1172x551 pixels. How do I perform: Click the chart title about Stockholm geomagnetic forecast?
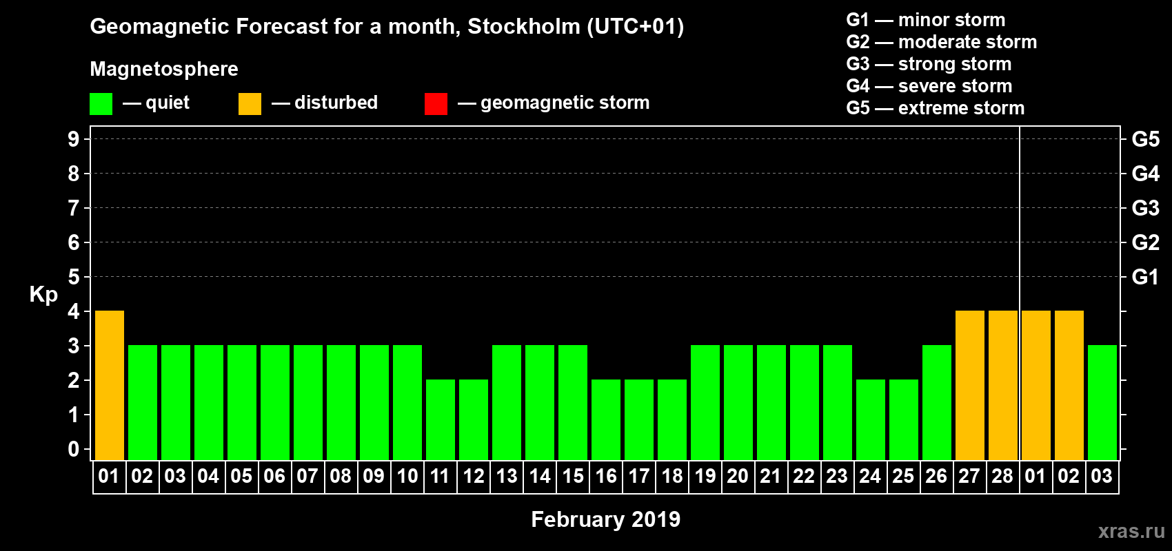point(387,27)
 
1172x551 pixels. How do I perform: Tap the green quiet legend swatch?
point(101,104)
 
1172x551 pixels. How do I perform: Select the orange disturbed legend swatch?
point(250,104)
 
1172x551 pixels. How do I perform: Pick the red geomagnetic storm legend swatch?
point(436,104)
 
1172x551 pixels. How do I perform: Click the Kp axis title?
point(43,294)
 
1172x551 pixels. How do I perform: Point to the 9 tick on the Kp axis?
point(74,139)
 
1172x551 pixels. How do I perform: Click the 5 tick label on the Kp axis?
point(74,277)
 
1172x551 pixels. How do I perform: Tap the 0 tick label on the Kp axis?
point(74,449)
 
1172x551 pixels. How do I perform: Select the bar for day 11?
point(441,419)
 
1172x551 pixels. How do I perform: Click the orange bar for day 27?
point(970,385)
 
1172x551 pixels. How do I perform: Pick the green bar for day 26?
point(937,402)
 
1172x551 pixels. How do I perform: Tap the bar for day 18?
point(672,419)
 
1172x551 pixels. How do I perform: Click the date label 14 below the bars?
point(540,476)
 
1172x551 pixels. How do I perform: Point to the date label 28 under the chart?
point(1002,476)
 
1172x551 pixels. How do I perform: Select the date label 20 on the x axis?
point(738,476)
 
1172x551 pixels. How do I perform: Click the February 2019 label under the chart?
point(605,519)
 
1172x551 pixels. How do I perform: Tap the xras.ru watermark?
point(1131,531)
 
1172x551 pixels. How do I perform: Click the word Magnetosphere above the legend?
point(164,69)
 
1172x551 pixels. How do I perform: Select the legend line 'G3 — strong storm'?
point(929,64)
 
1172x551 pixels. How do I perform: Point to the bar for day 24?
point(871,419)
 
